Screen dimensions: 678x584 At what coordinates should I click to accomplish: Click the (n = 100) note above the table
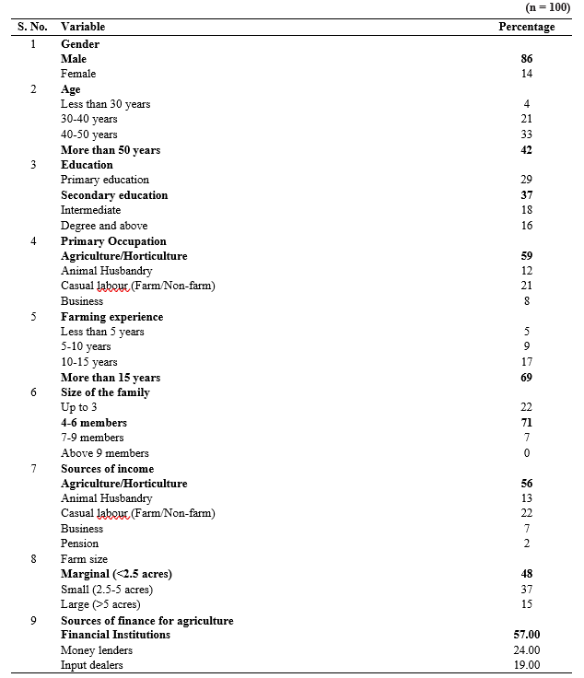click(547, 7)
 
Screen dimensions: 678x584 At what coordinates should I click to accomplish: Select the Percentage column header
click(526, 27)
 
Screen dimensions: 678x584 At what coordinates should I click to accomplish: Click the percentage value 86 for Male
click(527, 59)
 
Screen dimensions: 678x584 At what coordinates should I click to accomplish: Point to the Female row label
click(78, 74)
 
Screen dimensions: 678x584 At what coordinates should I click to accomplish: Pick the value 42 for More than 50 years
click(527, 150)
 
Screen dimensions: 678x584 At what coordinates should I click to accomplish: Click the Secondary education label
click(114, 195)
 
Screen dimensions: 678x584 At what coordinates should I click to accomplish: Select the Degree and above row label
click(104, 226)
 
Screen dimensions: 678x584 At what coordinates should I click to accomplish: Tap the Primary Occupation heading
click(113, 241)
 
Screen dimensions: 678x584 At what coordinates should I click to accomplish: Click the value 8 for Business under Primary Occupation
click(527, 301)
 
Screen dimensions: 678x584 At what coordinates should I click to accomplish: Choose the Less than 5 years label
click(102, 332)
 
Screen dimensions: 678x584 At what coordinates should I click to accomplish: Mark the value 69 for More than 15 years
click(527, 378)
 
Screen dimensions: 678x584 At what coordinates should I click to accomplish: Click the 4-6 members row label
click(94, 423)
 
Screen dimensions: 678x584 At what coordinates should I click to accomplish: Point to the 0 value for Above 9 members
click(527, 453)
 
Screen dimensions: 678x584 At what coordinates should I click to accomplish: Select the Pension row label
click(79, 544)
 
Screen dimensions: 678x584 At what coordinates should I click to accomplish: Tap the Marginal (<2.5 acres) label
click(116, 574)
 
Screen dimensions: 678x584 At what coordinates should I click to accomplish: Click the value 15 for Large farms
click(527, 604)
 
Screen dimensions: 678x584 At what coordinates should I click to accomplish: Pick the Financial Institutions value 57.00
click(527, 635)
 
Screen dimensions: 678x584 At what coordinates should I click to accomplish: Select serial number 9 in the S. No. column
click(33, 620)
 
